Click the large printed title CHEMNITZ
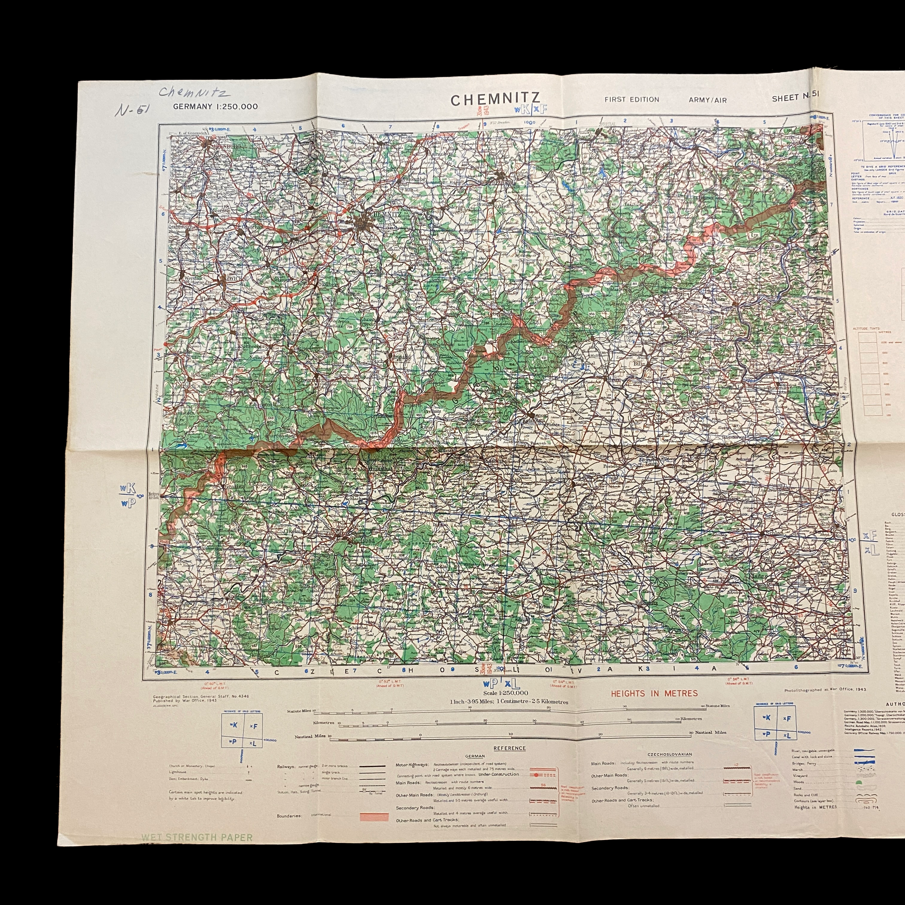pyautogui.click(x=495, y=99)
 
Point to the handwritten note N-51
pyautogui.click(x=132, y=110)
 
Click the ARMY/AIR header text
pyautogui.click(x=707, y=100)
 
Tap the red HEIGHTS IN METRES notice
pyautogui.click(x=654, y=693)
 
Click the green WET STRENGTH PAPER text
pyautogui.click(x=197, y=837)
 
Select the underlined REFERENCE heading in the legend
pyautogui.click(x=509, y=748)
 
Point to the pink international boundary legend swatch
pyautogui.click(x=374, y=817)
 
